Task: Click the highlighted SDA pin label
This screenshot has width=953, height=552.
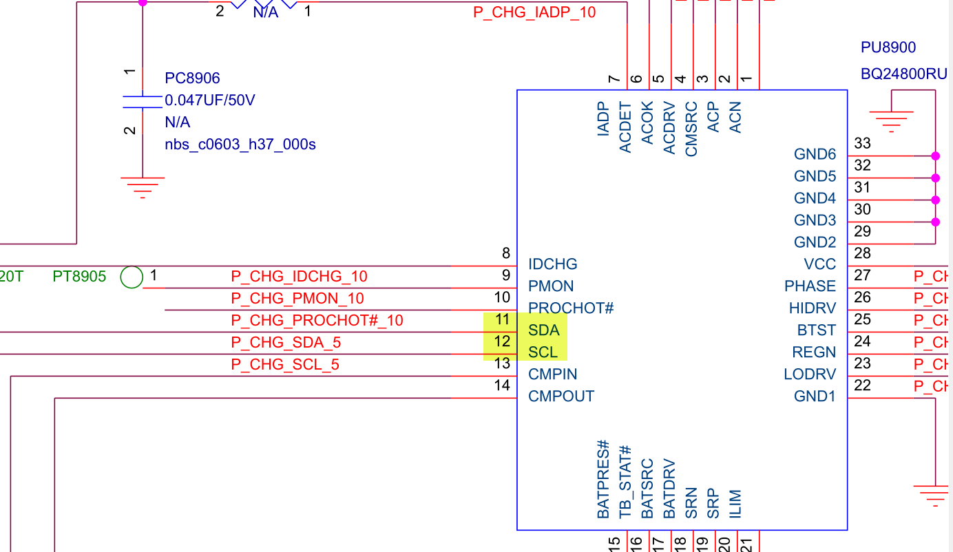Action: click(x=544, y=330)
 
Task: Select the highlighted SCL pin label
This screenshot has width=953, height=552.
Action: click(x=543, y=352)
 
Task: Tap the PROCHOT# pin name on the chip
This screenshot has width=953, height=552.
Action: click(x=571, y=308)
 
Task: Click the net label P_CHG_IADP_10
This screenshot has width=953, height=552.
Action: click(x=534, y=12)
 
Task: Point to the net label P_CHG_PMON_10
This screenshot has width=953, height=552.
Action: click(x=297, y=299)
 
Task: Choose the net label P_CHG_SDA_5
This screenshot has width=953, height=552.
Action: click(x=286, y=343)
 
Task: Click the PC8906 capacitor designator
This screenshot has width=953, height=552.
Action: click(x=192, y=78)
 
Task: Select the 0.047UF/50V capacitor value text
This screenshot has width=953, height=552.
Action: click(x=210, y=100)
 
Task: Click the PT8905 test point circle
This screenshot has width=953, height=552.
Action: click(x=131, y=277)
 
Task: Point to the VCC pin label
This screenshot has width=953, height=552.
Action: click(x=819, y=264)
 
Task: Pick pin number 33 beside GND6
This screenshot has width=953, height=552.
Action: click(x=862, y=144)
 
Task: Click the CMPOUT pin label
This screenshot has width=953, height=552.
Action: click(x=561, y=396)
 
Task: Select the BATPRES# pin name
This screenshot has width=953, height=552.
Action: click(x=603, y=479)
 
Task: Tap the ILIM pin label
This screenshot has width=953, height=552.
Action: click(x=735, y=504)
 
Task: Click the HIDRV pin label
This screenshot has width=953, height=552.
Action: click(x=813, y=308)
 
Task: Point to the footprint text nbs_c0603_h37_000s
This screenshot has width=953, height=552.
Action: click(x=240, y=145)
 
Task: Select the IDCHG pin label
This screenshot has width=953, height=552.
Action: click(x=553, y=264)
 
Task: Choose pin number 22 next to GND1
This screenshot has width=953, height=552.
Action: click(x=862, y=386)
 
